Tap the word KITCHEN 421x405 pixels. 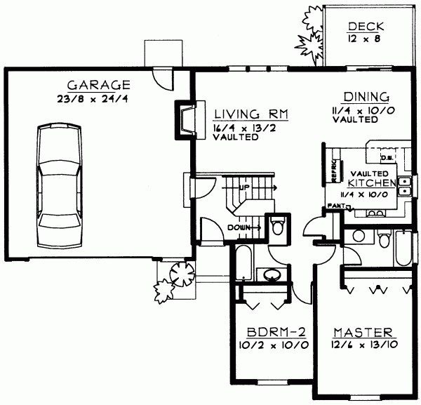coord(373,182)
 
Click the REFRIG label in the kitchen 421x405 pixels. coord(335,169)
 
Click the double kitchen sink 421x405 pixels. coord(405,186)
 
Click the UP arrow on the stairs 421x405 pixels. coord(246,188)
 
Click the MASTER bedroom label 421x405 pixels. coord(361,331)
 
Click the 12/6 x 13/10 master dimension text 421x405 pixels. coord(361,345)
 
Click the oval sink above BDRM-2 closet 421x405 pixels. coord(269,274)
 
